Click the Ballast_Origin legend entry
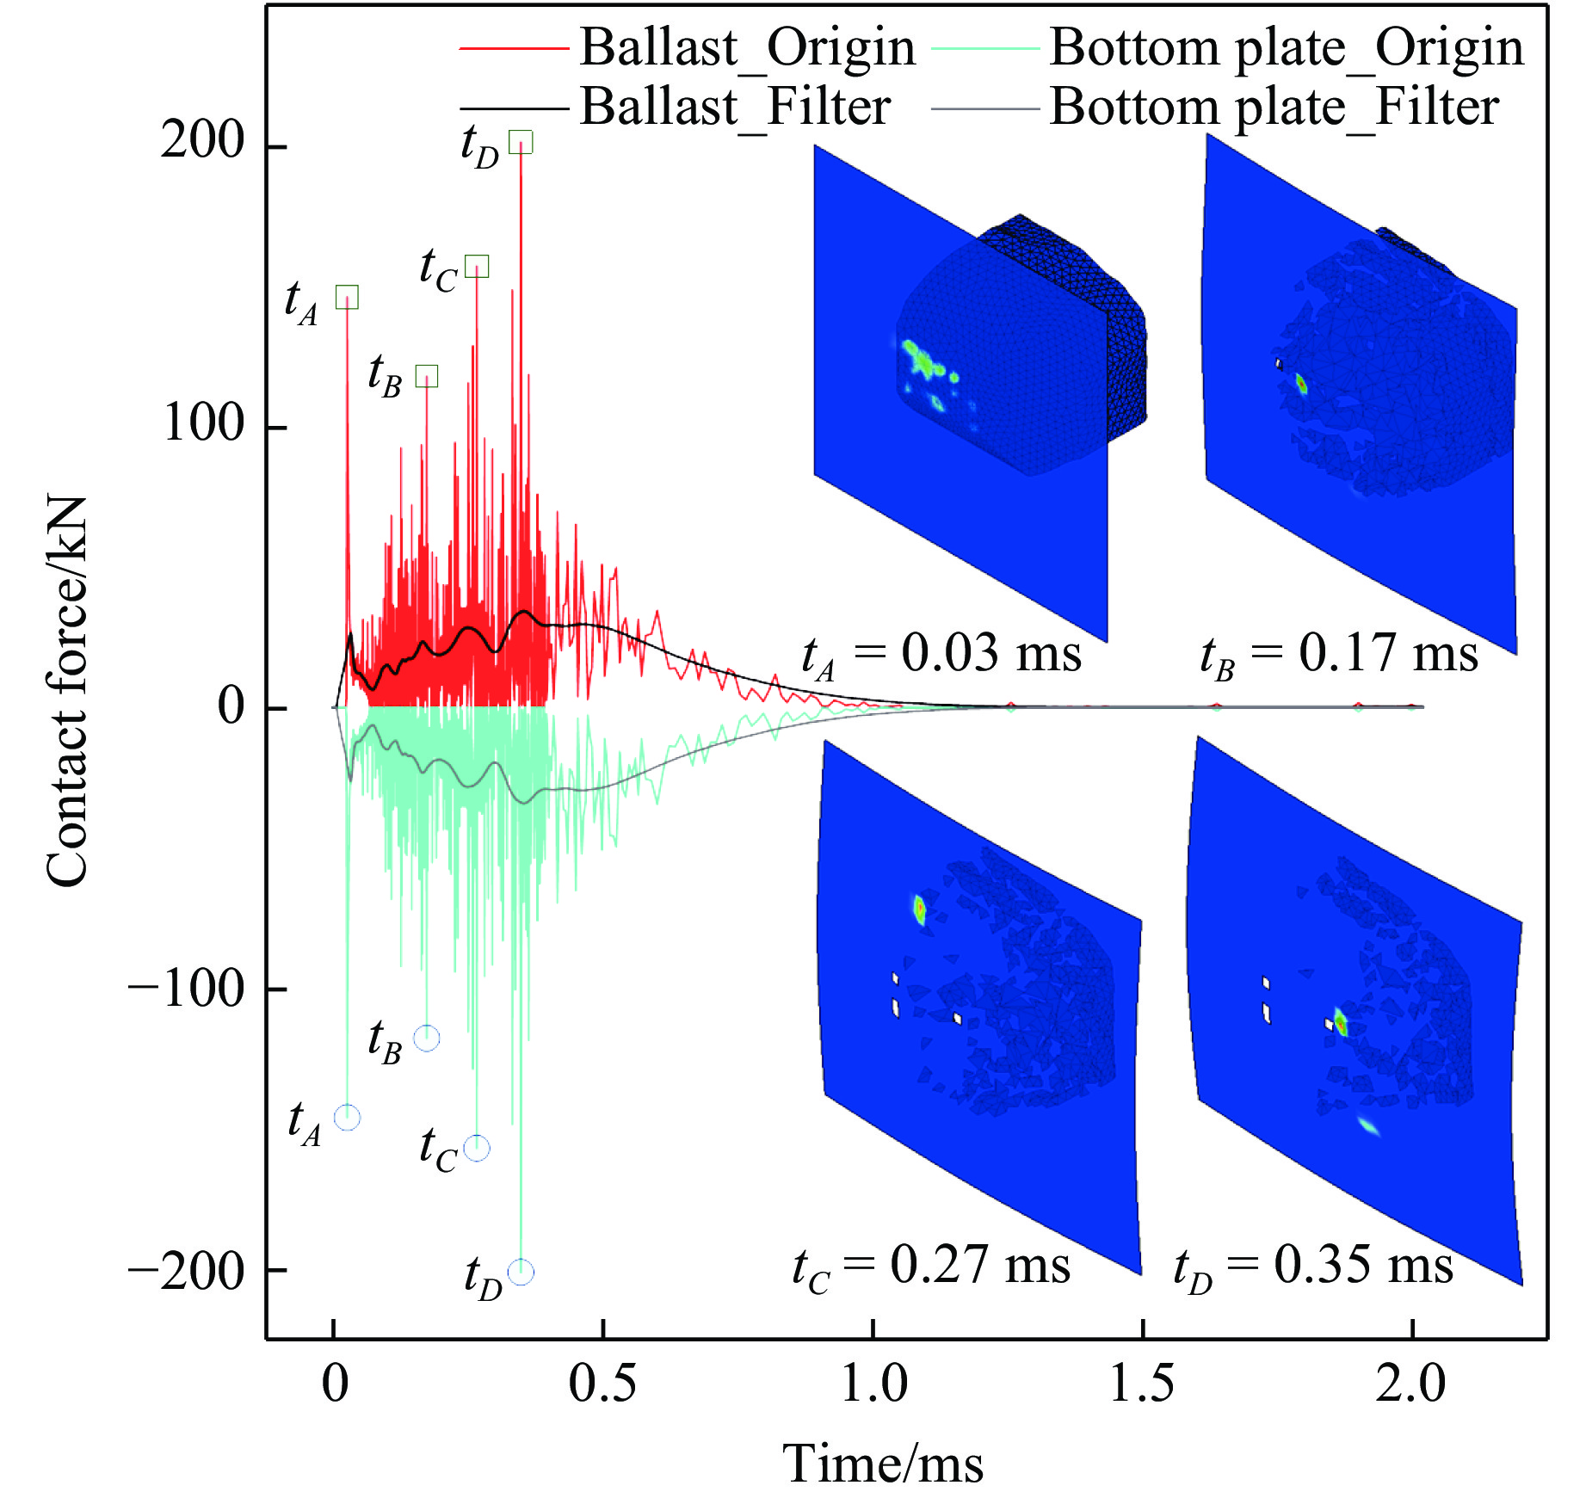click(746, 47)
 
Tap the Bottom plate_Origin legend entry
click(1286, 47)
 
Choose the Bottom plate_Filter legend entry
click(1274, 108)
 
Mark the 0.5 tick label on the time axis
click(602, 1384)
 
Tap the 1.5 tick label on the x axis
click(1142, 1384)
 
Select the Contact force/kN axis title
click(67, 691)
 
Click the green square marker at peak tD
click(521, 142)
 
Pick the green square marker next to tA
click(347, 298)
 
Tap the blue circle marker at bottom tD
click(521, 1272)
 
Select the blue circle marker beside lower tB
click(427, 1039)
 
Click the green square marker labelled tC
click(477, 267)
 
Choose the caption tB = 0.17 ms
click(1339, 655)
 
